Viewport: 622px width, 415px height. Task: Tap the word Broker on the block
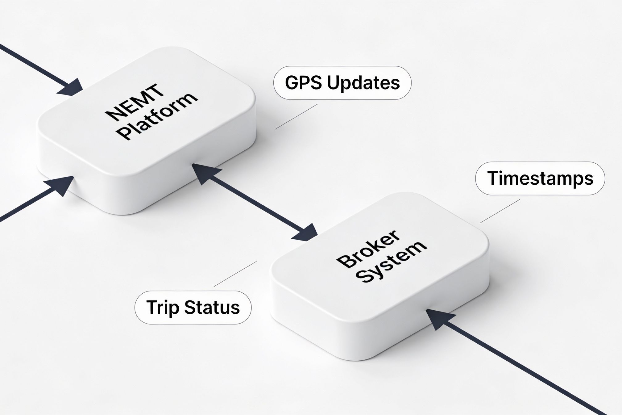(368, 249)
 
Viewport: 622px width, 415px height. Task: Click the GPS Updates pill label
(342, 83)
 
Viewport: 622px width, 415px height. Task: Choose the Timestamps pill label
(540, 178)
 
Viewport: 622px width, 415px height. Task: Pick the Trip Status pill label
(193, 308)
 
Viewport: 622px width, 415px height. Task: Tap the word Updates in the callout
(363, 83)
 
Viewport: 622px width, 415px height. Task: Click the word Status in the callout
(212, 308)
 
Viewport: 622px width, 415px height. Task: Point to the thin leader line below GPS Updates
(296, 116)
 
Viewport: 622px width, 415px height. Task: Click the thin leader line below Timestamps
(500, 211)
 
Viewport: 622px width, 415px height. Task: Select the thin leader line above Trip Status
(235, 274)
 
